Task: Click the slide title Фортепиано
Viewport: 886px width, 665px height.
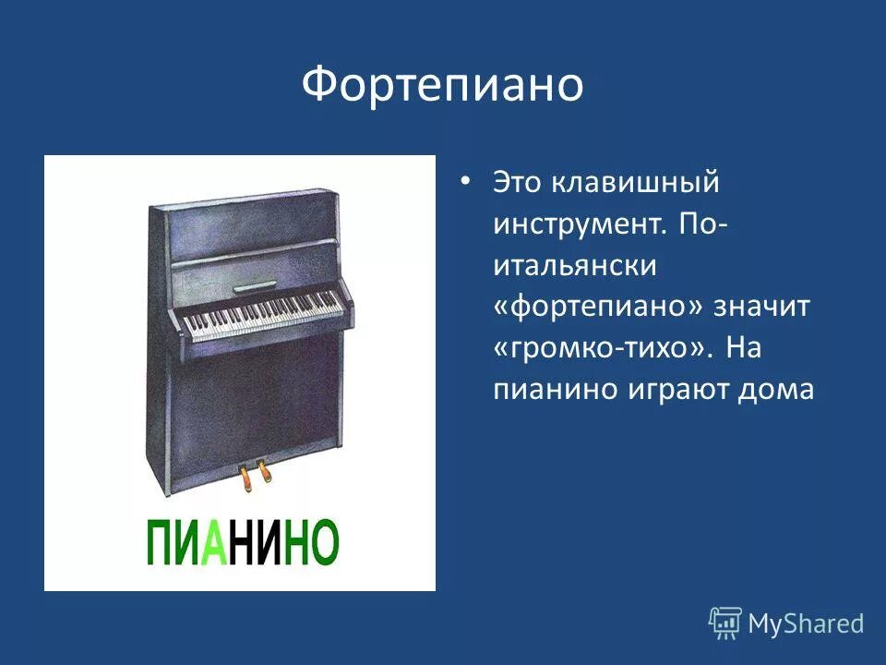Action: point(442,86)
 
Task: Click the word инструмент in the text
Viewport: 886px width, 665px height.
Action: point(569,224)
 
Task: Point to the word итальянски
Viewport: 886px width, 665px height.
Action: point(574,266)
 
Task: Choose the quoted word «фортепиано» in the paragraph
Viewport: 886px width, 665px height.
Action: point(599,308)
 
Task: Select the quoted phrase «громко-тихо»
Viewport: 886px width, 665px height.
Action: point(604,349)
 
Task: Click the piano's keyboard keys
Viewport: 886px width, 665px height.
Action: point(264,315)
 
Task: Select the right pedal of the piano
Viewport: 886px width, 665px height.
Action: point(266,472)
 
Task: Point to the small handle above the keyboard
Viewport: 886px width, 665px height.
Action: point(256,287)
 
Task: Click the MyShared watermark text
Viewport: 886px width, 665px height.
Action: point(806,623)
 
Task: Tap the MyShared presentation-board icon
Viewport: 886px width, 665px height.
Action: point(725,623)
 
